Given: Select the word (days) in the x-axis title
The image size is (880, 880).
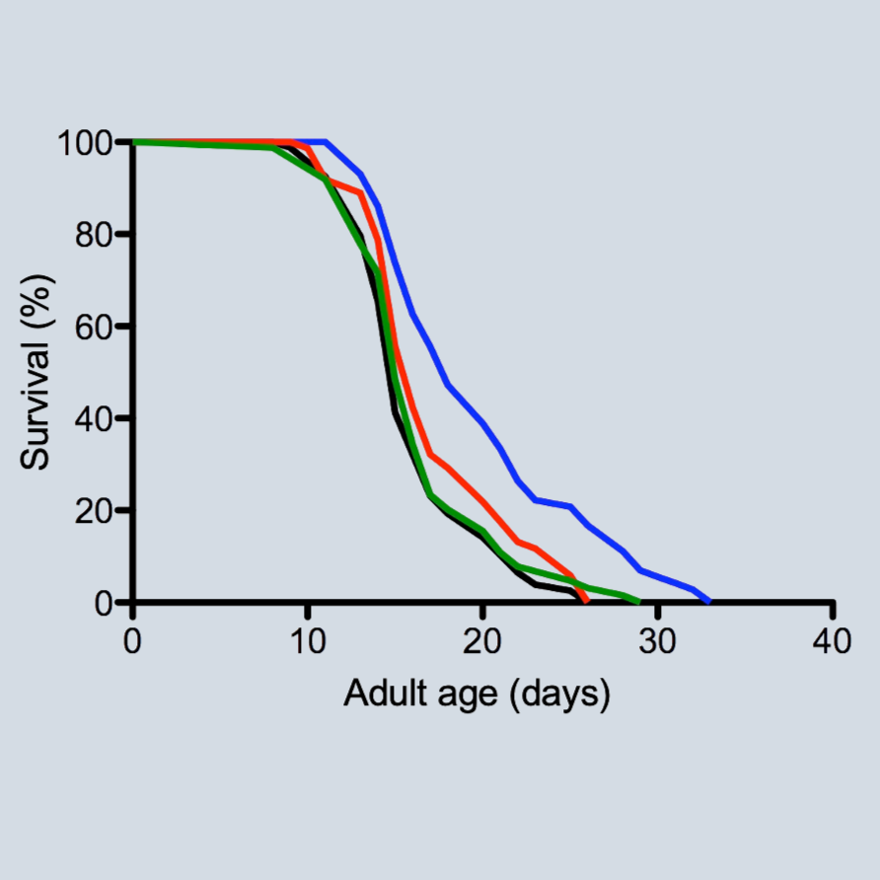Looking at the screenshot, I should [x=560, y=695].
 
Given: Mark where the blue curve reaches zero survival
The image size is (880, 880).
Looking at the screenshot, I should [x=708, y=601].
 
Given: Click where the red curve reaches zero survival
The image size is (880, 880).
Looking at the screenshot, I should [x=587, y=601].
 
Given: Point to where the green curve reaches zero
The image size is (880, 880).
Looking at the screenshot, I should [x=638, y=601].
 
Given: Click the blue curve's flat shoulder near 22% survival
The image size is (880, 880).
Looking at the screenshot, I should [x=552, y=503].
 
